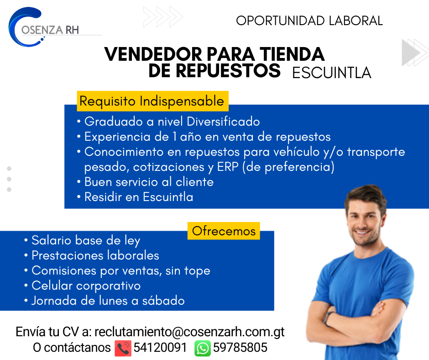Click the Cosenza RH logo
(x=44, y=27)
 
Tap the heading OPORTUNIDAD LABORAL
(x=309, y=21)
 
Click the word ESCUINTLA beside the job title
(x=332, y=73)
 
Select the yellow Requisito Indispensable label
(x=152, y=101)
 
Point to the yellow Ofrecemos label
(x=224, y=231)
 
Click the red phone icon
(x=123, y=348)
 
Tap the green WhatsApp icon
(x=203, y=348)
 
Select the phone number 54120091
(x=160, y=347)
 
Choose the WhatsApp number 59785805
(x=240, y=347)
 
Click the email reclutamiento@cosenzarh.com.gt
(x=189, y=332)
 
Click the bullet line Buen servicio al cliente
(x=146, y=182)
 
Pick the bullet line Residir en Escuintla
(x=135, y=197)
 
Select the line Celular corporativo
(x=82, y=286)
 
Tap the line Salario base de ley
(x=82, y=241)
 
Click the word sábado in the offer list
(x=163, y=301)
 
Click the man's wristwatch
(x=328, y=318)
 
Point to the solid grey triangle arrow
(x=410, y=53)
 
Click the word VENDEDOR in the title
(x=153, y=54)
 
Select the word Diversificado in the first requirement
(x=223, y=122)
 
